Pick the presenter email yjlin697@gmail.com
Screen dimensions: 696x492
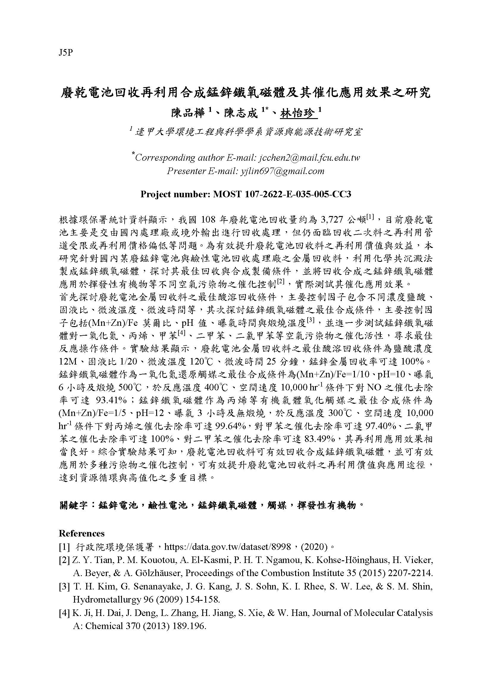coord(282,171)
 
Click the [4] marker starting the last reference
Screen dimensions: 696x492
coord(64,613)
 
